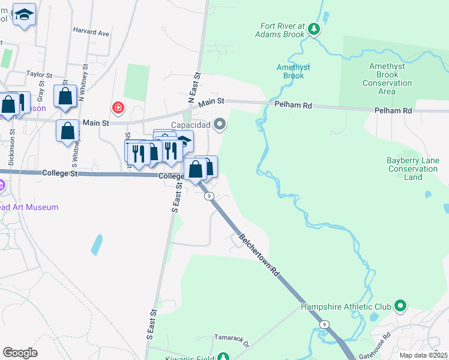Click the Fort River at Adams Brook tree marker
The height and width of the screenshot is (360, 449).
point(313,29)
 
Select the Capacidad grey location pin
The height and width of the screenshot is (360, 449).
point(220,125)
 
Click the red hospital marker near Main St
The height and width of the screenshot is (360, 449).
point(118,108)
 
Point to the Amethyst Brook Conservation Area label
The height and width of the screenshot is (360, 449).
point(387,79)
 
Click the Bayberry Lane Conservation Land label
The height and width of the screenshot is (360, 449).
point(413,169)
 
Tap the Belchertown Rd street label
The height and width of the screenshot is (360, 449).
point(260,254)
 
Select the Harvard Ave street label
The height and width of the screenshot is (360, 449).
point(91,32)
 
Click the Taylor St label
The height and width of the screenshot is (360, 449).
point(40,75)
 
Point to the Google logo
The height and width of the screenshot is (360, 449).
point(20,353)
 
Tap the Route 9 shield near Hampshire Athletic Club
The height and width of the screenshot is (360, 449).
point(324,325)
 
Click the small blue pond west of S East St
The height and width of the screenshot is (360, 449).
point(97,245)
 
